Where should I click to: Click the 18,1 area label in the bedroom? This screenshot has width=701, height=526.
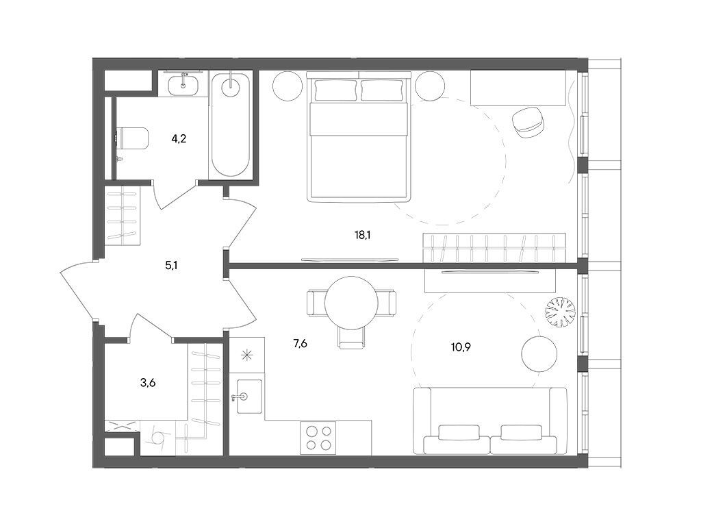363,235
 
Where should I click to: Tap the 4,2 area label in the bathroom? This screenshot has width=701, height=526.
179,138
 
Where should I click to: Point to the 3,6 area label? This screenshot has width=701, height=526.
148,383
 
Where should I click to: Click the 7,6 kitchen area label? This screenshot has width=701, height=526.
300,344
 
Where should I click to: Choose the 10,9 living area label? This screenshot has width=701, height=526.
461,346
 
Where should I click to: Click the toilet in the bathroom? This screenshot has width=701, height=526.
133,139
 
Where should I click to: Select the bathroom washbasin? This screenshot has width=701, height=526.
184,85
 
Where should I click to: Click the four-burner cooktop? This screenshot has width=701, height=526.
318,438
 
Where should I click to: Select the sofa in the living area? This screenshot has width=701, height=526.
490,422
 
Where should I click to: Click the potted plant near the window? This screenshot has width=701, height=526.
560,312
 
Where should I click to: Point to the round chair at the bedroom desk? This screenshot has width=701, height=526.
528,122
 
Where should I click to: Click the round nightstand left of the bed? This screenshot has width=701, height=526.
288,86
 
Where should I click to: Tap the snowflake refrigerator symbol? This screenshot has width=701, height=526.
246,355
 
